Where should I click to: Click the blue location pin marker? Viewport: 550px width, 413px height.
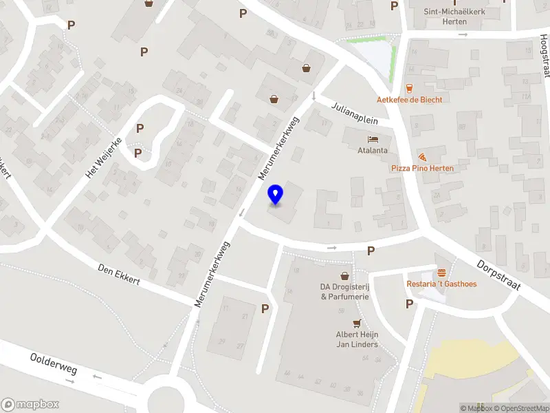(276, 195)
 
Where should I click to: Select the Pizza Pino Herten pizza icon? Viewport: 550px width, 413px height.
(421, 157)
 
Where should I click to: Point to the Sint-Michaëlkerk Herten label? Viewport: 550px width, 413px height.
(455, 16)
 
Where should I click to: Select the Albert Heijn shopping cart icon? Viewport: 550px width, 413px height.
(357, 324)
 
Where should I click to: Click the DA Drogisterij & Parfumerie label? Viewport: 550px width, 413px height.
(344, 291)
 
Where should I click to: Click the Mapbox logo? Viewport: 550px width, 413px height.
(30, 405)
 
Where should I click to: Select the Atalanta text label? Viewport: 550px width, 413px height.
(373, 150)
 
